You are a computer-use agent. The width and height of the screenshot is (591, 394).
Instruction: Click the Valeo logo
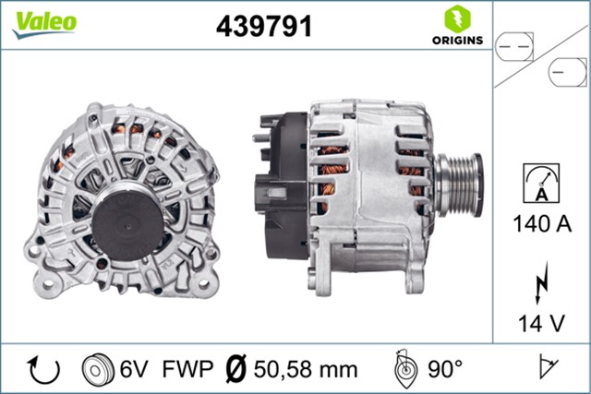43,23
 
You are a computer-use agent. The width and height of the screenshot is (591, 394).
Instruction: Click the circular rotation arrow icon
42,369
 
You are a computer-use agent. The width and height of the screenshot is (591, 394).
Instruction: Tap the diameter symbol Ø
235,369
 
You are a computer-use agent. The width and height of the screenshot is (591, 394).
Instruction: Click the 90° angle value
444,369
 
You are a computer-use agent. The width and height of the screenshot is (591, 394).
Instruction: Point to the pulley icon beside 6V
95,369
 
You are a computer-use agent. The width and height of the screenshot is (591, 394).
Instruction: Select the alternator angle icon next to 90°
404,368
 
